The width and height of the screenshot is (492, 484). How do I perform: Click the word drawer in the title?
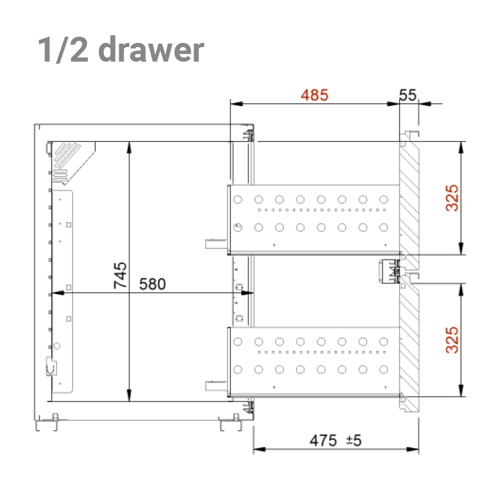151,49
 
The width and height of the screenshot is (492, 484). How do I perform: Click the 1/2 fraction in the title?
63,49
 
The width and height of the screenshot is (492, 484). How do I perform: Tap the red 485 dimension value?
315,95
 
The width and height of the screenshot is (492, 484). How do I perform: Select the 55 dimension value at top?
407,95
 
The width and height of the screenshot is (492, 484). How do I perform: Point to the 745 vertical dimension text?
120,275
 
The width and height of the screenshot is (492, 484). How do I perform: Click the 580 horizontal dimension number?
152,284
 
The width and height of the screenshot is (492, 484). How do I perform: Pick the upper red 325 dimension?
452,198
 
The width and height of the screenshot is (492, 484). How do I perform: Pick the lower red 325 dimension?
452,340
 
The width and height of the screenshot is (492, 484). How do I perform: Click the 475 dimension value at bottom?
323,440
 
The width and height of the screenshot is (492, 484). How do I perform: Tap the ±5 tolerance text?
353,440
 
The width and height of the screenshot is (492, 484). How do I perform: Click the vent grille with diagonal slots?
67,156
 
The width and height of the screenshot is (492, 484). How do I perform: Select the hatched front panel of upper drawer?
409,201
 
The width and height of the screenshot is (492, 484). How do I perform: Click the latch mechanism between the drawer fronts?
389,271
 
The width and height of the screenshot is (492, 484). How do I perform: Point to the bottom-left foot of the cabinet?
46,424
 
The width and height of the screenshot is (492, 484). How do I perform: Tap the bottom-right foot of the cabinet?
231,424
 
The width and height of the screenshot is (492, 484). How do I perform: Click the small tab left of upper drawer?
216,244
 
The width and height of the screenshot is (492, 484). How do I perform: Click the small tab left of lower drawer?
216,386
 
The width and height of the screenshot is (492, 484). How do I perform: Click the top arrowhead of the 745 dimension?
129,147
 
